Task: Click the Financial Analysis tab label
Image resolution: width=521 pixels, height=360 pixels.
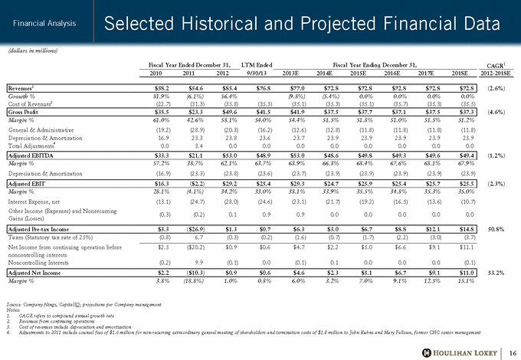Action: (x=42, y=24)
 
